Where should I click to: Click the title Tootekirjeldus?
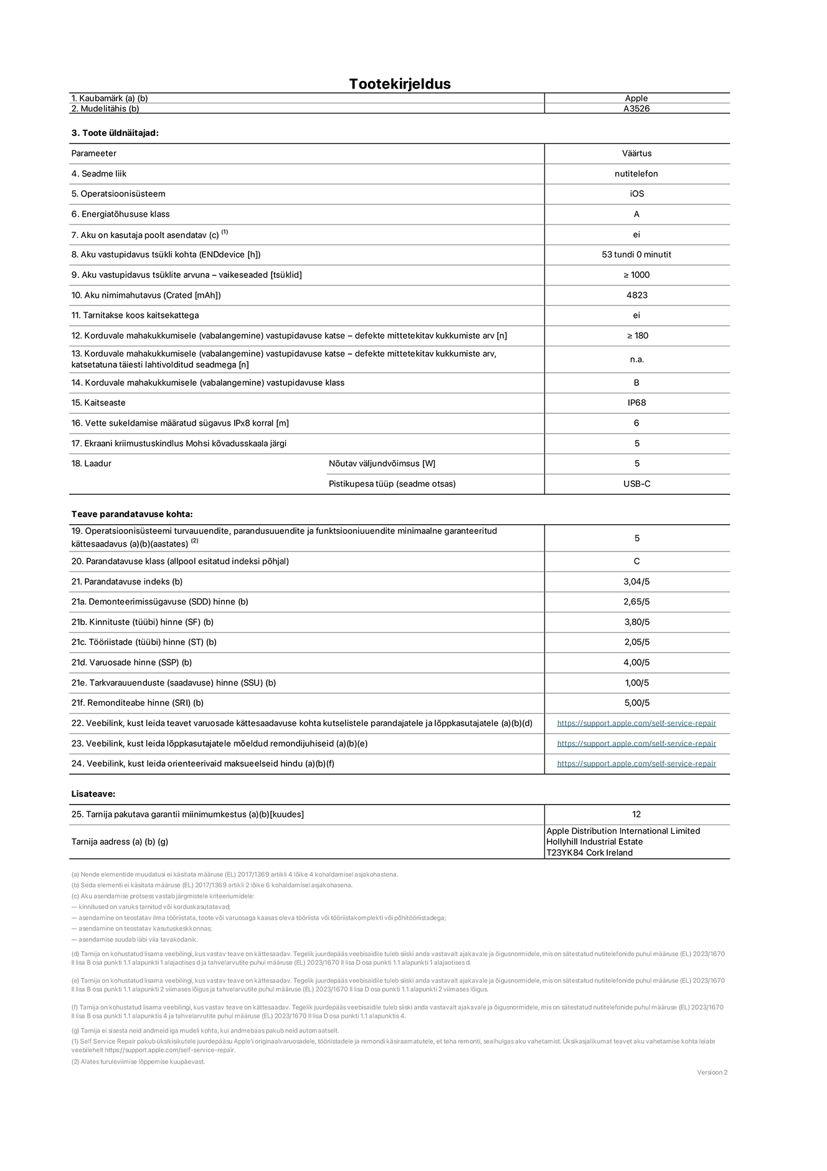click(399, 84)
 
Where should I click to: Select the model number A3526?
click(636, 108)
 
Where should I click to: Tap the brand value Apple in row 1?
click(636, 98)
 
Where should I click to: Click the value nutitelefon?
click(636, 174)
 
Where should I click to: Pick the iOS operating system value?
click(636, 194)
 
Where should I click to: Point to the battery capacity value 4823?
click(636, 295)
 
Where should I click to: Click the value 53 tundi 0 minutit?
click(636, 254)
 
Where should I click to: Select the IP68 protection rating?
click(636, 403)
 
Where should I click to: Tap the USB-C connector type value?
click(636, 484)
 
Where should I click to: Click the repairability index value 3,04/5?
click(636, 581)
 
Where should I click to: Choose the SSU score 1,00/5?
click(636, 682)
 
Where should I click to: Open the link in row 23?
click(636, 743)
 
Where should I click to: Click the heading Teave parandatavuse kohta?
click(132, 514)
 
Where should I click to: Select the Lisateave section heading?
click(93, 794)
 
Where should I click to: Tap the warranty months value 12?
click(636, 815)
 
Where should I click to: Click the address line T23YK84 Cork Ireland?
click(589, 853)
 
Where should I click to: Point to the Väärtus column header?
click(636, 153)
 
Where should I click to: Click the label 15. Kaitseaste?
click(98, 403)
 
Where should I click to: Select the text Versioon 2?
click(712, 1073)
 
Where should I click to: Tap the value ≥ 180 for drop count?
click(637, 336)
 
